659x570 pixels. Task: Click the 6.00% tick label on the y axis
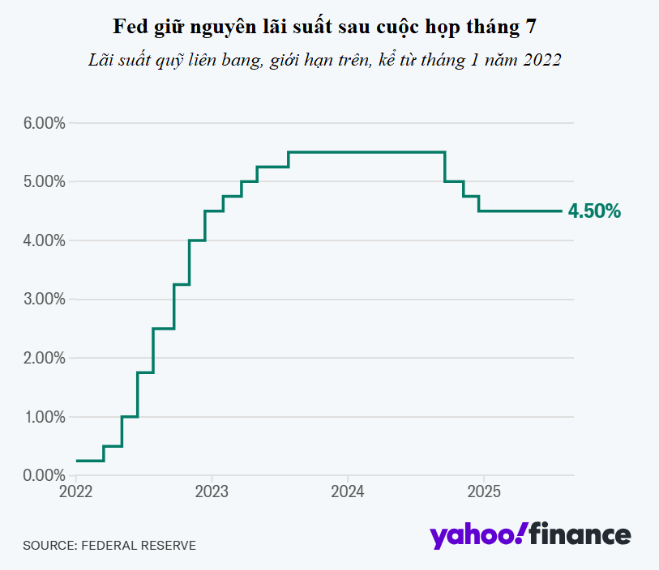coord(45,123)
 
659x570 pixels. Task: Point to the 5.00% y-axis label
coord(45,181)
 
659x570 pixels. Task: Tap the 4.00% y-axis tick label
coord(45,241)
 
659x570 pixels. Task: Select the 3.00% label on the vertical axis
coord(45,300)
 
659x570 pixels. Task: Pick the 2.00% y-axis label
coord(45,358)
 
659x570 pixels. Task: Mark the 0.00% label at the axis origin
coord(45,475)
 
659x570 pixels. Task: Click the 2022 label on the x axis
coord(75,491)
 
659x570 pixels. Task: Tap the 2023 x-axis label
coord(212,491)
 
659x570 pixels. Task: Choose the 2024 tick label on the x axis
coord(348,491)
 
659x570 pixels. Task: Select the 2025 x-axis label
coord(484,491)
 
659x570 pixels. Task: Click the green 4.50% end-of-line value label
coord(594,211)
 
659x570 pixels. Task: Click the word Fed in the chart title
coord(131,27)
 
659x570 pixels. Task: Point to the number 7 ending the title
coord(531,27)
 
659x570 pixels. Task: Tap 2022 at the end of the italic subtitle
coord(542,60)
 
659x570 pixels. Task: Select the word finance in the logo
coord(580,534)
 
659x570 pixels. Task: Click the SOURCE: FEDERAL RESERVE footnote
coord(109,545)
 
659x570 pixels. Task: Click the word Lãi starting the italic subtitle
coord(101,60)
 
